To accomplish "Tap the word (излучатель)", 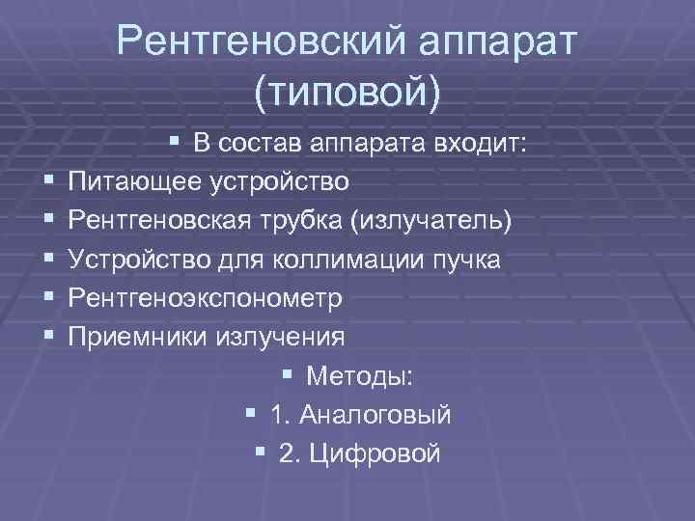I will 431,221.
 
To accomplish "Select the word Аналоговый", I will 375,415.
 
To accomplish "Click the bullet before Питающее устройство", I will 48,181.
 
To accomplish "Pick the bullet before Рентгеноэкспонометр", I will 48,298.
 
